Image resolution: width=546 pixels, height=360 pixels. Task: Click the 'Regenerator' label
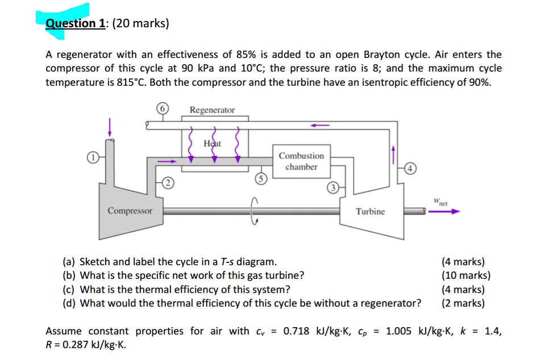click(212, 110)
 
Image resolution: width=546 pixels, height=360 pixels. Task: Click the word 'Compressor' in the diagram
click(130, 211)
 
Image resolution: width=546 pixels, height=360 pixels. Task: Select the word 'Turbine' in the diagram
click(370, 211)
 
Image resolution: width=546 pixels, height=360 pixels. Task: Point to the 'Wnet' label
click(440, 200)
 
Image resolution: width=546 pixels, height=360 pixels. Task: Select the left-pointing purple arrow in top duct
click(319, 125)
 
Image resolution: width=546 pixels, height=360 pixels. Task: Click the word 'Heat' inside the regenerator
click(212, 144)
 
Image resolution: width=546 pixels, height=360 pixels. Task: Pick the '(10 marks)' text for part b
click(466, 275)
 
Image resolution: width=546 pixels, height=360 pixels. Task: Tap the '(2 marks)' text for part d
click(463, 303)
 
